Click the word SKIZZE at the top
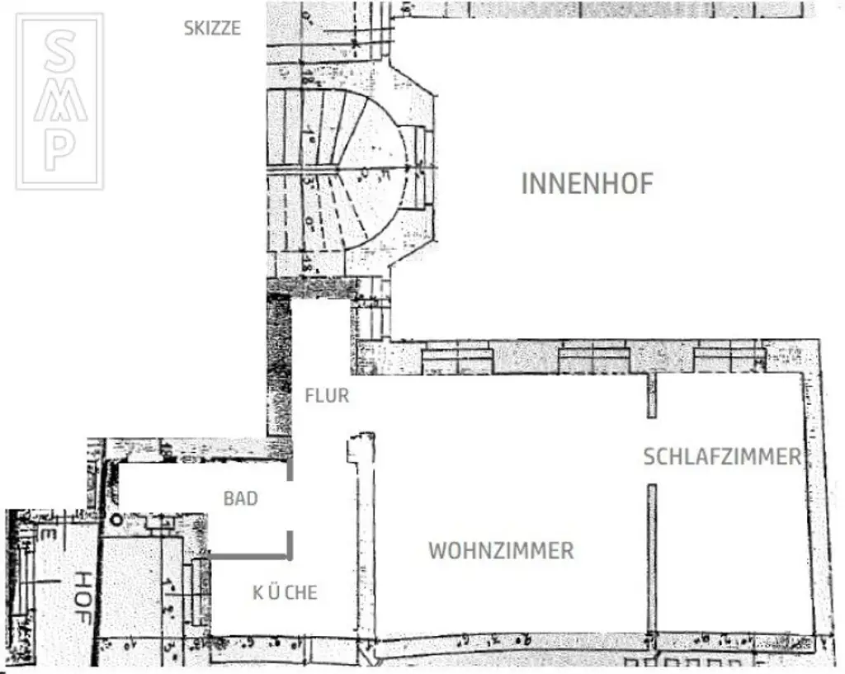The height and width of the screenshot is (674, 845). pyautogui.click(x=212, y=28)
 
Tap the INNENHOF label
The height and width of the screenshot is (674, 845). pyautogui.click(x=587, y=183)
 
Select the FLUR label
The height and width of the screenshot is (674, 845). pyautogui.click(x=327, y=396)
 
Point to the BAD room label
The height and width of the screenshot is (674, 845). pyautogui.click(x=240, y=498)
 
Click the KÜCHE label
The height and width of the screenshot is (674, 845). pyautogui.click(x=284, y=592)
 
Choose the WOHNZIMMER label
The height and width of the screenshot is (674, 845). pyautogui.click(x=501, y=550)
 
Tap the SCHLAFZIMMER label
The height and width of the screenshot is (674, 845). pyautogui.click(x=721, y=456)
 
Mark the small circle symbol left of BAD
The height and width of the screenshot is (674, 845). pyautogui.click(x=116, y=520)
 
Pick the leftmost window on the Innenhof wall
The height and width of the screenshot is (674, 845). pyautogui.click(x=457, y=361)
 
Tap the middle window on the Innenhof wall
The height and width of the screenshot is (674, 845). pyautogui.click(x=594, y=361)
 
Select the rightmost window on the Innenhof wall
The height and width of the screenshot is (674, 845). pyautogui.click(x=729, y=361)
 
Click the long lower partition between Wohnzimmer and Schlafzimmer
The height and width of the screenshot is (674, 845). pyautogui.click(x=652, y=559)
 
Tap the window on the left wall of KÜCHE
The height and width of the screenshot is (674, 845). pyautogui.click(x=199, y=591)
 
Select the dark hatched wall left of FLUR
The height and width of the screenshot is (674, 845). pyautogui.click(x=279, y=363)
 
